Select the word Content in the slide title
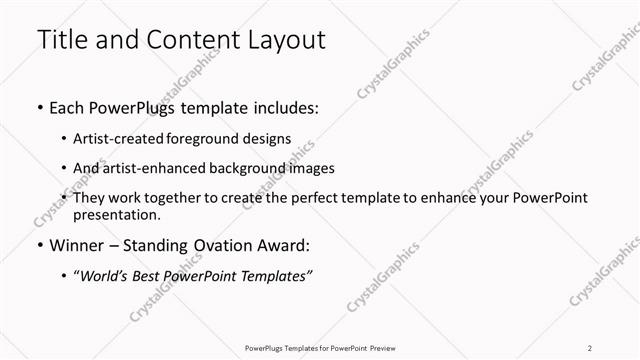click(181, 41)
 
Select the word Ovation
click(220, 244)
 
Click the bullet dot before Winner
click(38, 244)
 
